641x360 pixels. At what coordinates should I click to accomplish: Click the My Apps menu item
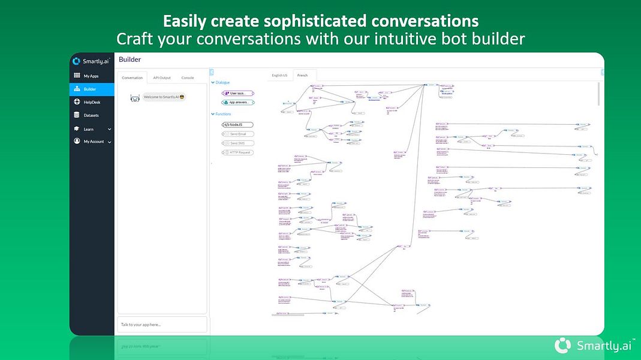tap(91, 76)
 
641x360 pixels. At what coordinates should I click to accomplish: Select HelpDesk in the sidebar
tap(91, 102)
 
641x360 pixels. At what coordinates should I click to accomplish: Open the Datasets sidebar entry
tap(91, 115)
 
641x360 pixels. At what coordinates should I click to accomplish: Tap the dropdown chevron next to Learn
tap(109, 129)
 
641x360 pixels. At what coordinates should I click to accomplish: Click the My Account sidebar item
tap(93, 142)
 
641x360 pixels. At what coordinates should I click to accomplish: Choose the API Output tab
tap(161, 78)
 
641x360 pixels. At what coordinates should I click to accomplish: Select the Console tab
tap(188, 78)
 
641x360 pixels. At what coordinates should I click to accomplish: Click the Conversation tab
tap(133, 78)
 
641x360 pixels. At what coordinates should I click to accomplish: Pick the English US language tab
tap(279, 76)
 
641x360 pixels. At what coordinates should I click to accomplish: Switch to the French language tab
tap(303, 76)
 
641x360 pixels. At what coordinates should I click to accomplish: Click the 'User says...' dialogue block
tap(238, 93)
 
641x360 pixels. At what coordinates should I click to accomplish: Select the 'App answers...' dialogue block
tap(238, 103)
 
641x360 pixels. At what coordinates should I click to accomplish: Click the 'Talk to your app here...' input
tap(162, 325)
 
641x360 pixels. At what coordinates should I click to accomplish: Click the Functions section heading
tap(223, 114)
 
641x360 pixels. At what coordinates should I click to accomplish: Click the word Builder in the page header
tap(130, 59)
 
